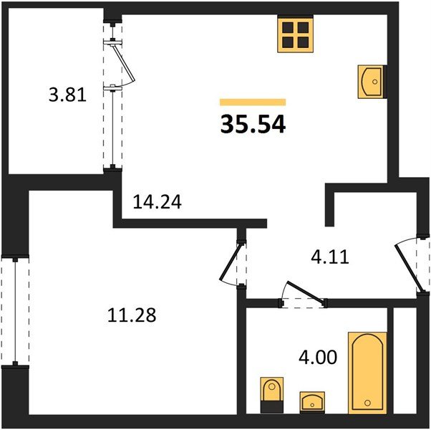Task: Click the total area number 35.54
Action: coord(253,124)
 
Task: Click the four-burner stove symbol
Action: coord(296,33)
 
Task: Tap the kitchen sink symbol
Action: coord(372,82)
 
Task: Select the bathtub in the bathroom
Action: coord(367,372)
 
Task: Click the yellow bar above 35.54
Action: coord(253,102)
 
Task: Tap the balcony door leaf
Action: coord(125,64)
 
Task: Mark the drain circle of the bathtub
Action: coord(367,403)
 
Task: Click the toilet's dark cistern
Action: coord(271,406)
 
